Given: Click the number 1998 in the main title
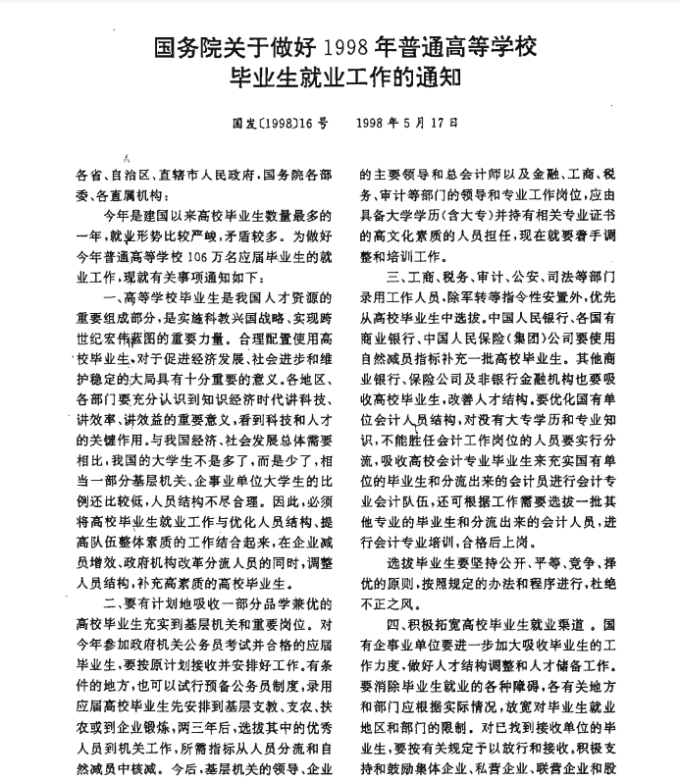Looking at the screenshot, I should (x=349, y=46).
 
